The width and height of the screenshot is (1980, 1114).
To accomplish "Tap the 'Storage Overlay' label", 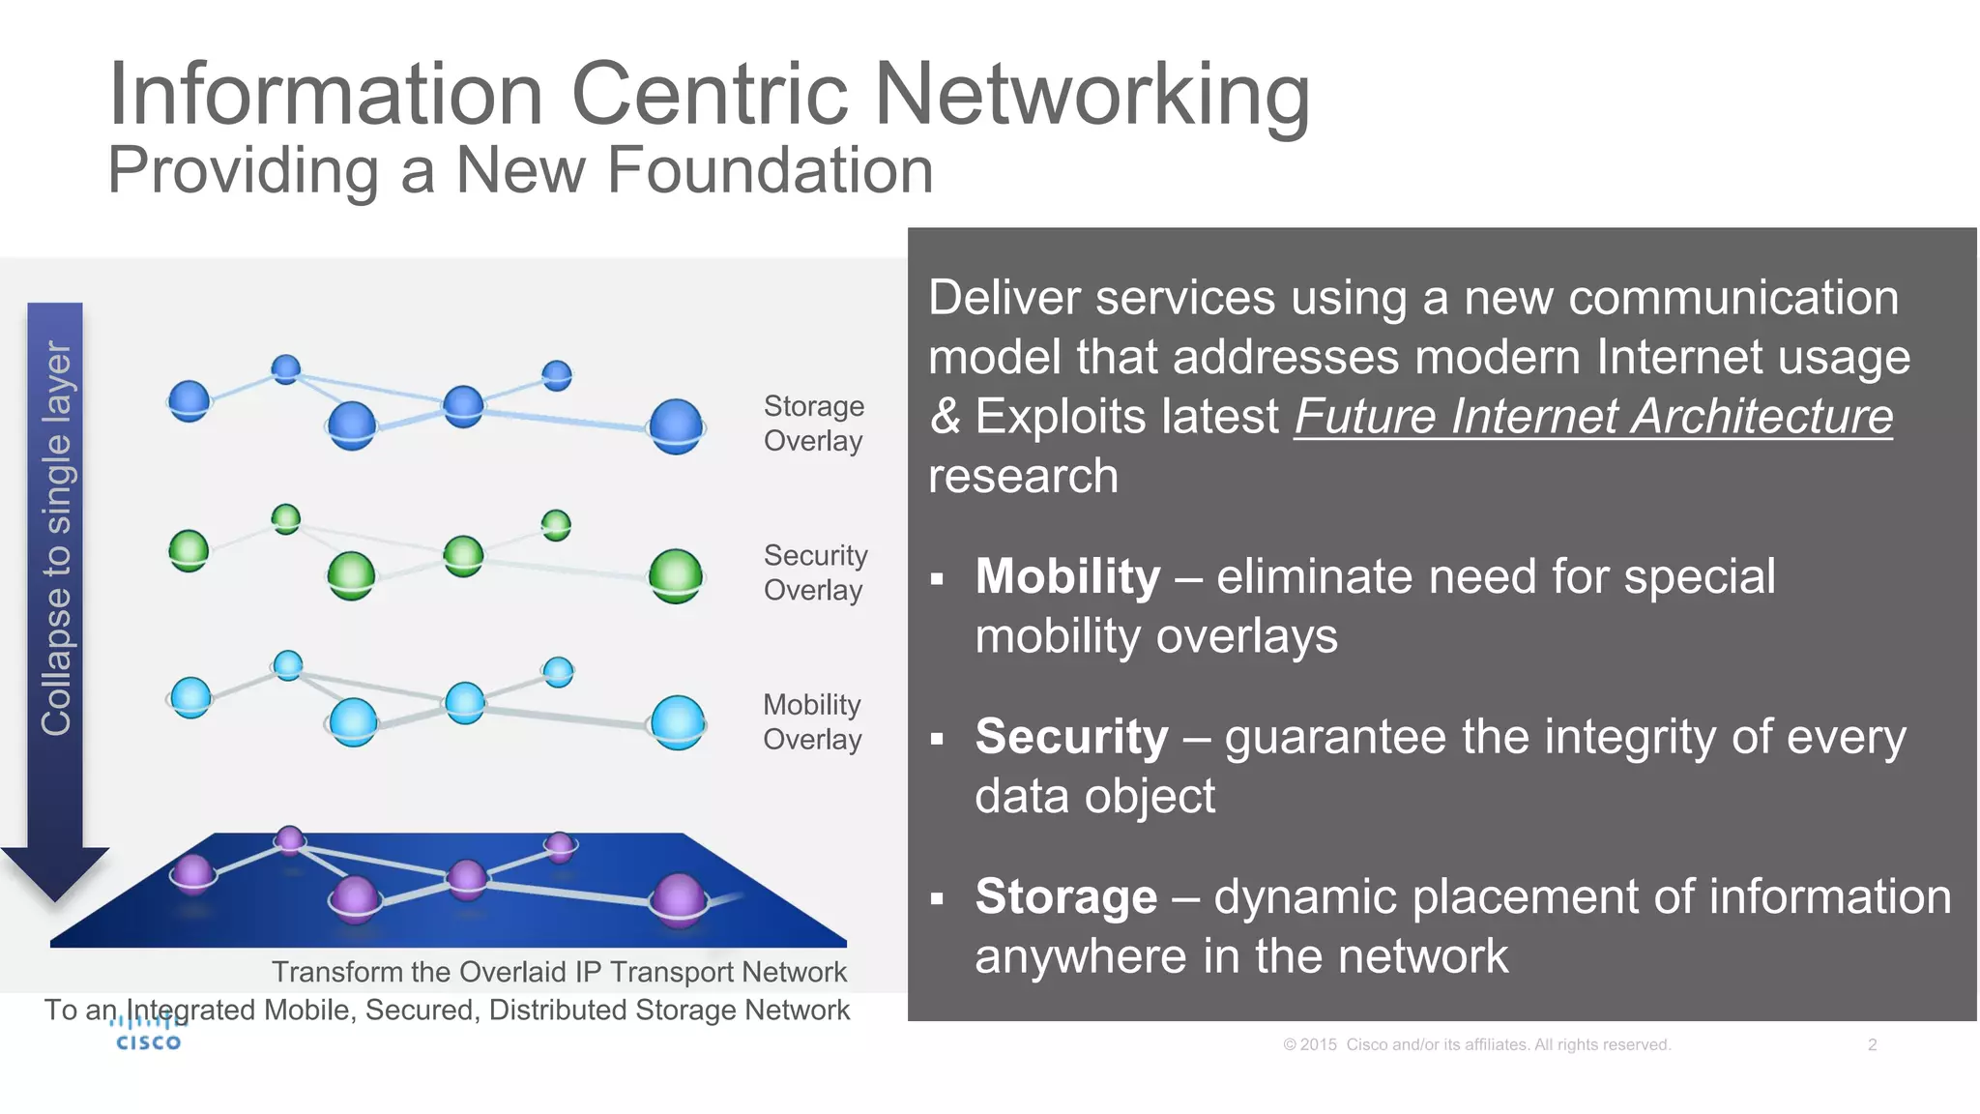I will [813, 424].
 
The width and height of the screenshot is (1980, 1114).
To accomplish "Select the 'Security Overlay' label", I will [815, 572].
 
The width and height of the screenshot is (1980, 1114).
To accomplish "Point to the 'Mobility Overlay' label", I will [812, 721].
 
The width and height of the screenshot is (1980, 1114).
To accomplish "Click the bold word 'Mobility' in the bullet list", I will [1067, 577].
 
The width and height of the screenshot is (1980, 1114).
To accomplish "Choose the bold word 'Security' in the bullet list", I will [1071, 737].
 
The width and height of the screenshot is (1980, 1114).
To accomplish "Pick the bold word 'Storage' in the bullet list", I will [1065, 896].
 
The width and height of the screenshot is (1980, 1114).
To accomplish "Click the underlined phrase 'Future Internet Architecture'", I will [1592, 417].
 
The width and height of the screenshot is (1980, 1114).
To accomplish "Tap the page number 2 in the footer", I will [1872, 1044].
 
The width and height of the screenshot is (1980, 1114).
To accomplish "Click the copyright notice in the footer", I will [1476, 1044].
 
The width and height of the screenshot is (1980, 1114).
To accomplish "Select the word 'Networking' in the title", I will [1092, 94].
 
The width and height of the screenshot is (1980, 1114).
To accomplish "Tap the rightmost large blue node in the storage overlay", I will [676, 425].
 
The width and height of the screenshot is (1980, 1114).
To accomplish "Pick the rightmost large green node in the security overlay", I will [675, 575].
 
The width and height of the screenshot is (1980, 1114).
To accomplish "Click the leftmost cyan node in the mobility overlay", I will [190, 697].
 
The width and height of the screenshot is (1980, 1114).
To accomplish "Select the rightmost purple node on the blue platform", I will [678, 898].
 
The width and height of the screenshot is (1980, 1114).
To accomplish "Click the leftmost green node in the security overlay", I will [189, 550].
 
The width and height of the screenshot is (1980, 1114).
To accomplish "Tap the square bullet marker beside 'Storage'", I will [936, 898].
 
